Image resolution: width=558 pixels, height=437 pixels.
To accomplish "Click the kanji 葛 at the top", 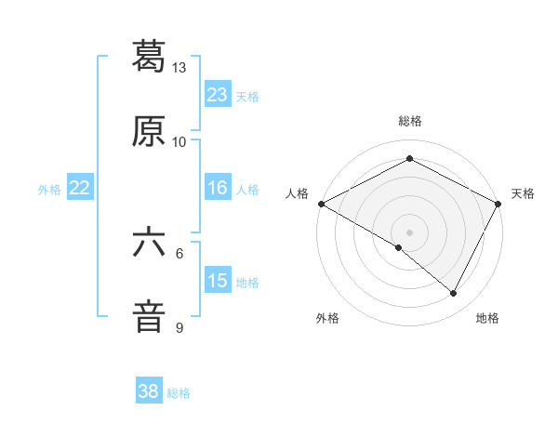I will click(150, 55).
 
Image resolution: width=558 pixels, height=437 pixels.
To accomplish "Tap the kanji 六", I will click(150, 241).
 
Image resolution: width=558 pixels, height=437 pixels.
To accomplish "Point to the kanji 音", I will click(150, 316).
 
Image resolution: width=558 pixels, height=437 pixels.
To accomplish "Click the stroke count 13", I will click(179, 68).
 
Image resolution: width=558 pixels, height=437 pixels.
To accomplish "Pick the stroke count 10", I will click(179, 142).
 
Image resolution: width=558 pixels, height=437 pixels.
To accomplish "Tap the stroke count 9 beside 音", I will click(179, 328).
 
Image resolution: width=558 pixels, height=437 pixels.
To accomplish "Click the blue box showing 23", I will click(218, 95).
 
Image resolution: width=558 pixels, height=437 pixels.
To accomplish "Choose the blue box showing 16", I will click(218, 188).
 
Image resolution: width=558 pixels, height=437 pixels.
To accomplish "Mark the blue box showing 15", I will click(218, 281).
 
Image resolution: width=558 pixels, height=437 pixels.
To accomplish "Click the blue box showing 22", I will click(79, 188).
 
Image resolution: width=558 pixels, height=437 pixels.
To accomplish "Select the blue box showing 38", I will click(149, 391).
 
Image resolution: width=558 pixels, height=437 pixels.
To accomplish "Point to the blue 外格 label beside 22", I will click(49, 189).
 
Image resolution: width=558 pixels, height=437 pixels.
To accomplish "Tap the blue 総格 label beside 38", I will click(179, 392).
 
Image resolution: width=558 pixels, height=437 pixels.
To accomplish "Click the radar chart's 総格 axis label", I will click(410, 121).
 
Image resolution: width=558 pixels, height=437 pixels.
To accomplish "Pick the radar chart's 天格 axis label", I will click(523, 193).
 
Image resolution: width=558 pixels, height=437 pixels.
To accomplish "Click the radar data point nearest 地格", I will click(454, 294).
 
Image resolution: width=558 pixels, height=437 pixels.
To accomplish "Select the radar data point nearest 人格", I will click(321, 203).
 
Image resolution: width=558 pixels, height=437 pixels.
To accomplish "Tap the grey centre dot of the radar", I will click(410, 232).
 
